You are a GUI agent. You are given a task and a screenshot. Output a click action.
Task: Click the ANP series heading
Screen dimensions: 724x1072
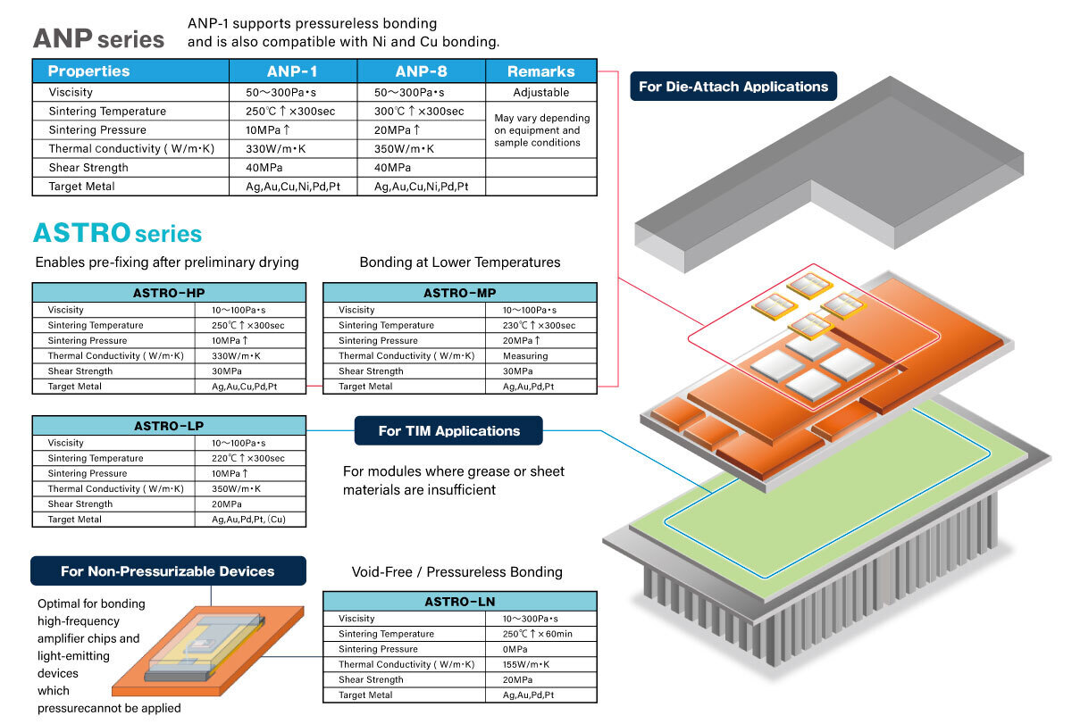[98, 38]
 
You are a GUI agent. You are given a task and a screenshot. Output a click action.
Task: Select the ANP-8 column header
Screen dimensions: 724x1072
[421, 71]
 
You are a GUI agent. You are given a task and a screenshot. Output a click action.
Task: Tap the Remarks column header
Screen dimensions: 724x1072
[540, 71]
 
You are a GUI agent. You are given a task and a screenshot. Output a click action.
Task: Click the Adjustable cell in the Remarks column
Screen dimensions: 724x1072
[540, 92]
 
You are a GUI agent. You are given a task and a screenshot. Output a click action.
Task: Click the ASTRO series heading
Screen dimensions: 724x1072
[117, 234]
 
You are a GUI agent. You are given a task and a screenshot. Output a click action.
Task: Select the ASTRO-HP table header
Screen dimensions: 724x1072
[169, 293]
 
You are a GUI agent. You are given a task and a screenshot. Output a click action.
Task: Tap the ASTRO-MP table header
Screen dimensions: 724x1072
[459, 293]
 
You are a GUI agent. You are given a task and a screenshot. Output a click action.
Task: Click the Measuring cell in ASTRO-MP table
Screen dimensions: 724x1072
[525, 356]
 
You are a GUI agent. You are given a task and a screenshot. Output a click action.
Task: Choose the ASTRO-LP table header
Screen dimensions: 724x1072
[169, 426]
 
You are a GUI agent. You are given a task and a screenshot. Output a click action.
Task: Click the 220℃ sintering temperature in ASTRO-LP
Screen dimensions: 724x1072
[247, 458]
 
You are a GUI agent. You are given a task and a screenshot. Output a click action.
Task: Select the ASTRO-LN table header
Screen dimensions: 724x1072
[459, 602]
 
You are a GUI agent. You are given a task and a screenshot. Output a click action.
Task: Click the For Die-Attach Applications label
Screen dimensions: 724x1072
[733, 87]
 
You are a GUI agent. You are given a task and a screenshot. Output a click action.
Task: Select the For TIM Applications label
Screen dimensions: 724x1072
[448, 431]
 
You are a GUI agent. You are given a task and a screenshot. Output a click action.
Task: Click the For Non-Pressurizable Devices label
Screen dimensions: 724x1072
[168, 571]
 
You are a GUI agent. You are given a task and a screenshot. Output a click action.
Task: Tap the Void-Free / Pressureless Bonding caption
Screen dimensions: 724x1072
[457, 571]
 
